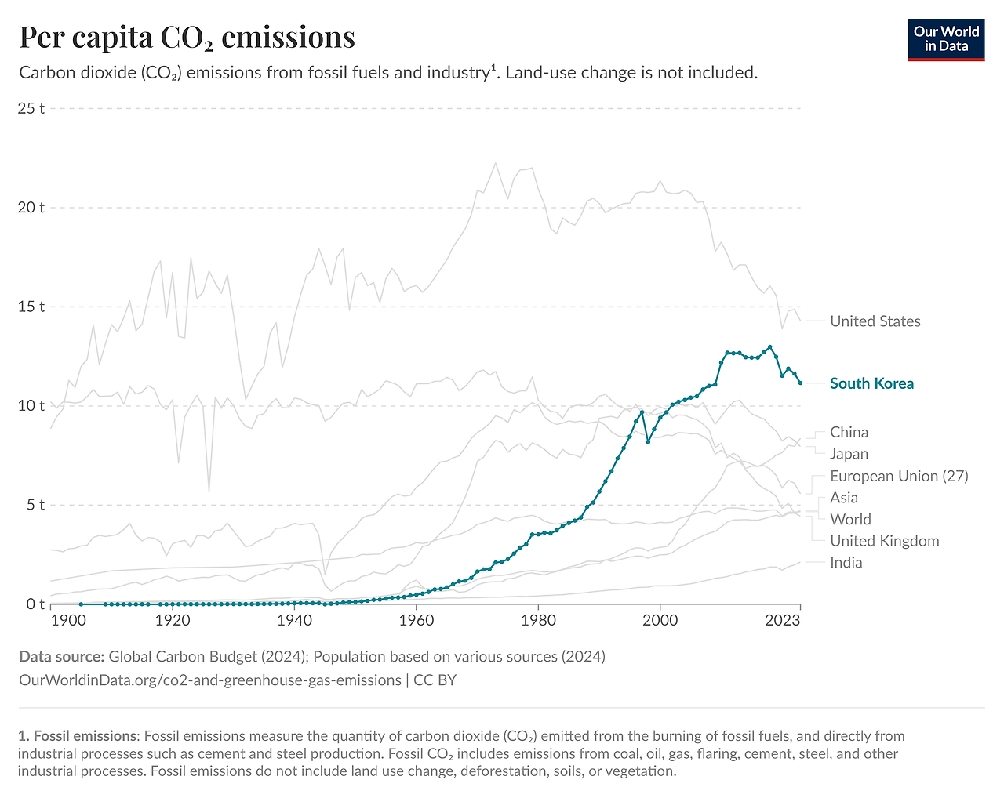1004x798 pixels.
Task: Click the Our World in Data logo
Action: [946, 39]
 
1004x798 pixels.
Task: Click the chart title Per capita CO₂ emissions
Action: [187, 37]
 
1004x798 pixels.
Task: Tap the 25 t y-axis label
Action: [31, 108]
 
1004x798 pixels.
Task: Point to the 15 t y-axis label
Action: [31, 307]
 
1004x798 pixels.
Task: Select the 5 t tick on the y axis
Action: [35, 505]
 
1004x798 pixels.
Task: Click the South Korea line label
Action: [871, 383]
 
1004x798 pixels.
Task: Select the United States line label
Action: [875, 321]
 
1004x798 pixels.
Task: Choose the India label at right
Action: [846, 563]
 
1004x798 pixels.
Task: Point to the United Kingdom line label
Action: [884, 541]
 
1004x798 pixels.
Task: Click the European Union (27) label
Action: [899, 477]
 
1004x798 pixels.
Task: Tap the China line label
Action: [849, 433]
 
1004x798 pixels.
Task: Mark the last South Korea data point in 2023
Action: [800, 383]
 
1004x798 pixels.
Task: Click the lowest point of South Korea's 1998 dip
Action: [648, 442]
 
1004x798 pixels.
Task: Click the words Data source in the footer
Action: [61, 657]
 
